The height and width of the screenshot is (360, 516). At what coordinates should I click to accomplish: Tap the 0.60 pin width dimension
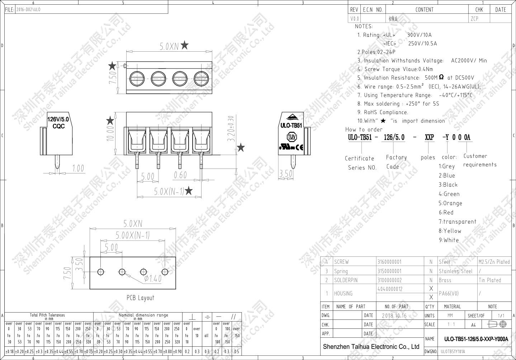(180, 175)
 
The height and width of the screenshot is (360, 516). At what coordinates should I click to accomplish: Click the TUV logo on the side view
(291, 137)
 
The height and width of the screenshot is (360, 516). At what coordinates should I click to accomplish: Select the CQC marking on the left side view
(58, 126)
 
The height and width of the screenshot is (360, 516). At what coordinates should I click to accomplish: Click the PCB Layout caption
(140, 298)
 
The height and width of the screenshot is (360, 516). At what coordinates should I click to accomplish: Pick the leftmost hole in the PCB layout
(100, 271)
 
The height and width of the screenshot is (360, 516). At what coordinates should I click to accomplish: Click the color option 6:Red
(446, 212)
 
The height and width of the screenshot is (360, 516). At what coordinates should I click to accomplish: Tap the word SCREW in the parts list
(341, 262)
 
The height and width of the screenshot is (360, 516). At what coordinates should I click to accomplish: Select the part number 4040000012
(390, 289)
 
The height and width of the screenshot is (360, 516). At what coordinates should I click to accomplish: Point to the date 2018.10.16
(394, 315)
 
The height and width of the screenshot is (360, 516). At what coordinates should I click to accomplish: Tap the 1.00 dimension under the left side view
(78, 168)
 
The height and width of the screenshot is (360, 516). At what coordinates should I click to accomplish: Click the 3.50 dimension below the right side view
(286, 174)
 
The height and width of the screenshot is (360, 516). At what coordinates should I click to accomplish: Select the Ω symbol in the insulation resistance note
(441, 77)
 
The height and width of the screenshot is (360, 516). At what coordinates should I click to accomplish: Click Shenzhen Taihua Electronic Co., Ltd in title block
(371, 347)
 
